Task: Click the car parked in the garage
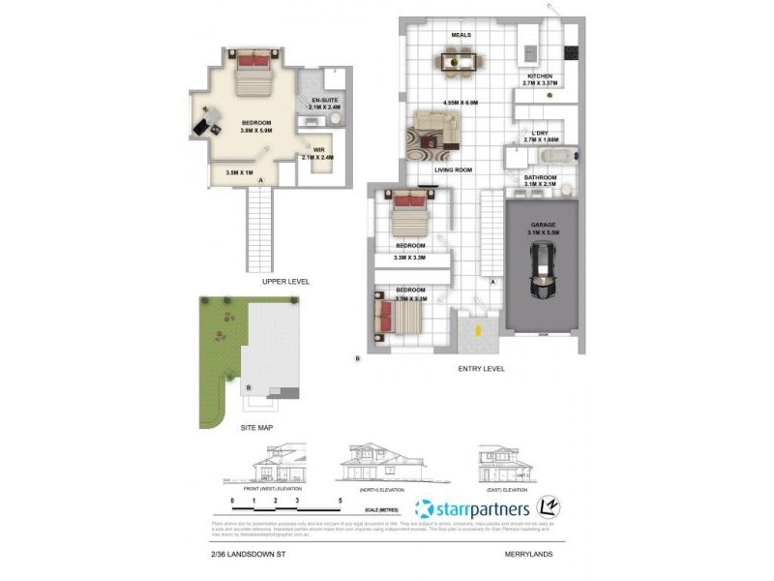tap(542, 273)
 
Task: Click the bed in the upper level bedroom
tap(256, 73)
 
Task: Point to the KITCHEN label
tap(538, 76)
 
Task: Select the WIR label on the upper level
tap(317, 149)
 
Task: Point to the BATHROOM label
tap(540, 177)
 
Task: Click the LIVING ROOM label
tap(453, 170)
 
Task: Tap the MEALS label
tap(461, 35)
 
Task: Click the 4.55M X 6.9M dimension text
tap(461, 102)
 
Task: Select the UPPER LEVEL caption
tap(285, 282)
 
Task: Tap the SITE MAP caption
tap(256, 427)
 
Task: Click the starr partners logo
tap(471, 508)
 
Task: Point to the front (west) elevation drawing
tap(281, 467)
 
